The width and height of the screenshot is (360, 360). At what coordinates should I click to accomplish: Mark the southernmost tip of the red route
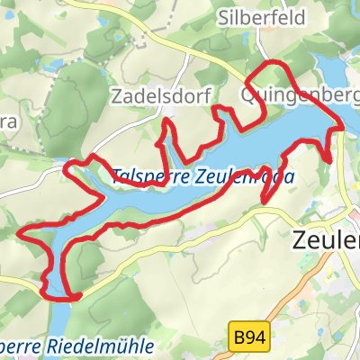[x=63, y=297]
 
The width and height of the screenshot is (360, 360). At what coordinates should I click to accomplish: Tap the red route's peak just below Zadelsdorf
[x=167, y=121]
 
